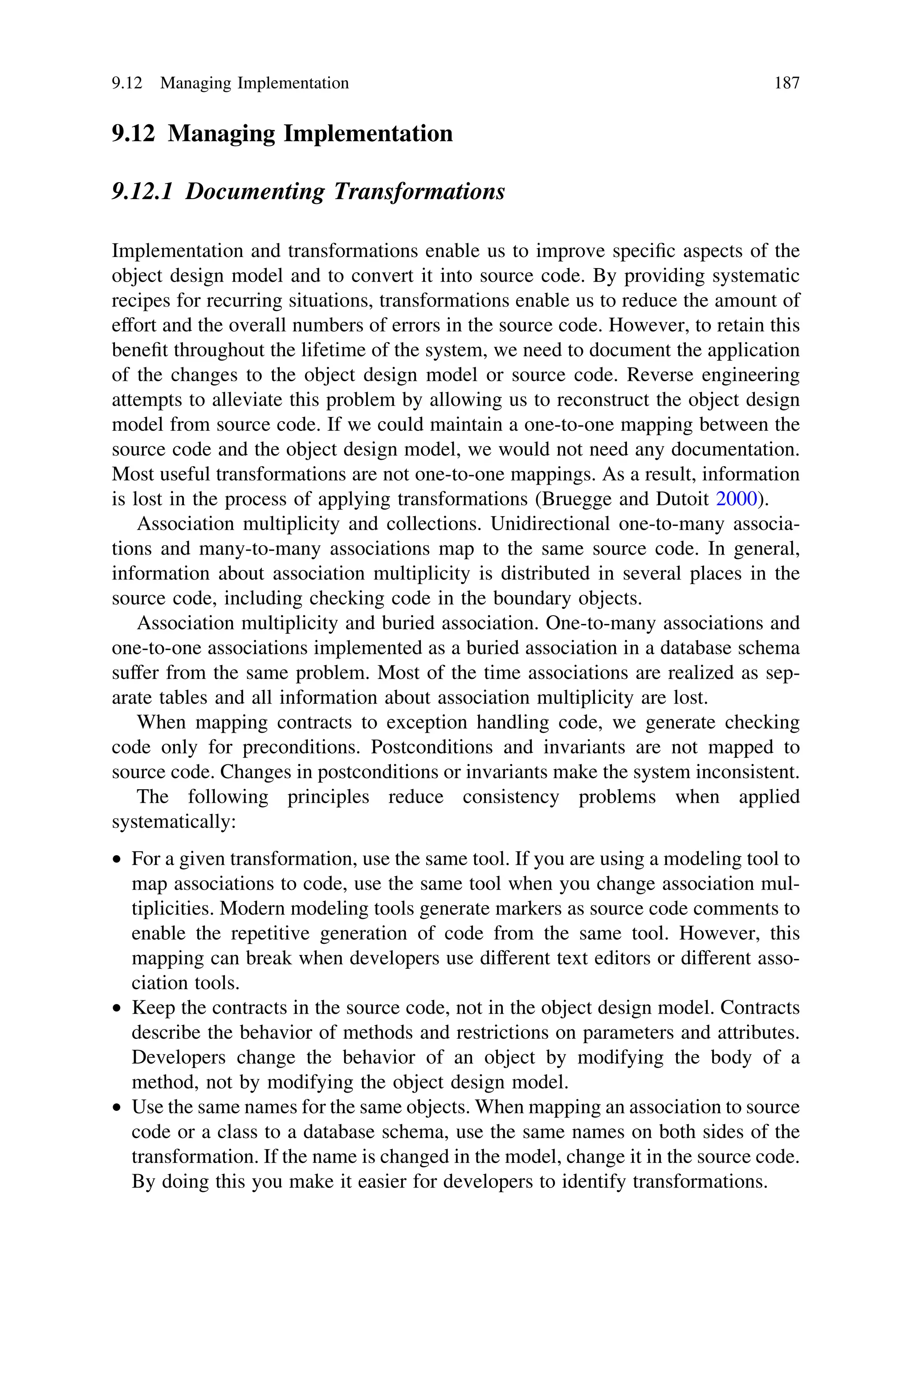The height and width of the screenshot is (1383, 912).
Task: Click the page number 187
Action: [x=786, y=83]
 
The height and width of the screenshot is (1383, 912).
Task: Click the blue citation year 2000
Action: [x=737, y=499]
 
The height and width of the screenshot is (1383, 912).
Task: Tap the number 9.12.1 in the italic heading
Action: [x=142, y=192]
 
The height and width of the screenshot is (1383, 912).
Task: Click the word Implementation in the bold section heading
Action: [x=367, y=133]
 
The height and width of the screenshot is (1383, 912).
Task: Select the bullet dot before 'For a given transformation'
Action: [x=118, y=860]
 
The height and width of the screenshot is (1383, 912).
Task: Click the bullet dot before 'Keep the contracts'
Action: [x=118, y=1008]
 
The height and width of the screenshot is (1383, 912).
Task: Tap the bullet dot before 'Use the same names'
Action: [x=118, y=1108]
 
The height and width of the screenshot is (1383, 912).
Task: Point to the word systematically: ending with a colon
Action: [x=173, y=822]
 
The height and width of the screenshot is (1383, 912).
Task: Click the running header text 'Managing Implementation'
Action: [x=254, y=83]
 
